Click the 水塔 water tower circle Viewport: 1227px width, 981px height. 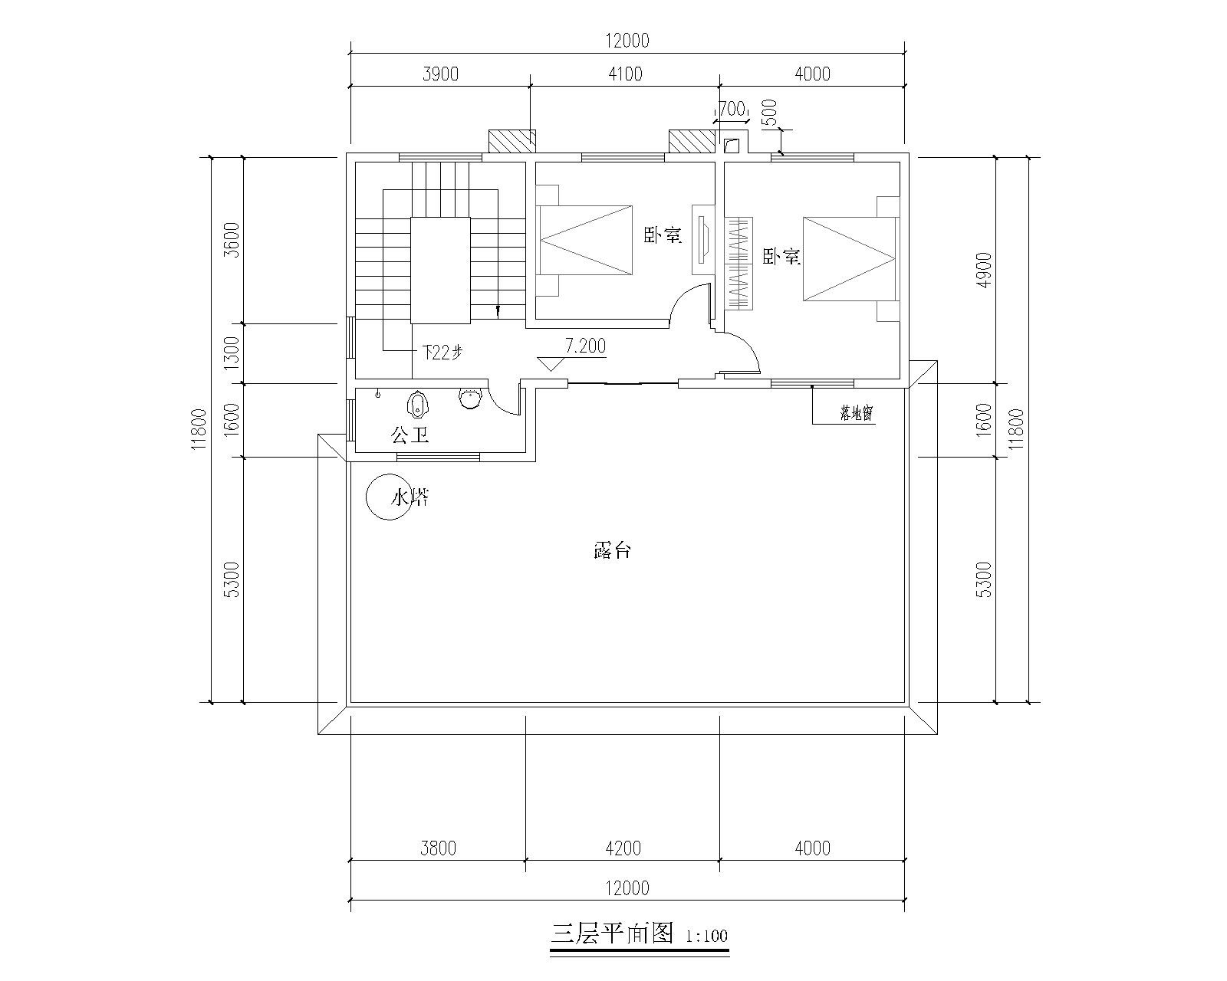367,497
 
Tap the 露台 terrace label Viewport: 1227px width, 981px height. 612,550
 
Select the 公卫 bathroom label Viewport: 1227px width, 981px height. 410,436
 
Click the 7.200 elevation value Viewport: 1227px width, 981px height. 585,346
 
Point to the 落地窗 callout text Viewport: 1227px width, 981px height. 857,413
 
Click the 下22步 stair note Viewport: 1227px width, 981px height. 442,353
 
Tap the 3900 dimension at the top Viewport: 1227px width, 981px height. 440,74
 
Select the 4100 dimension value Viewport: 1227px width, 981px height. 625,74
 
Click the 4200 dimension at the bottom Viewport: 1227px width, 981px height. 623,848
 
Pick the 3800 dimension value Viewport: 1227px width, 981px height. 438,848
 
